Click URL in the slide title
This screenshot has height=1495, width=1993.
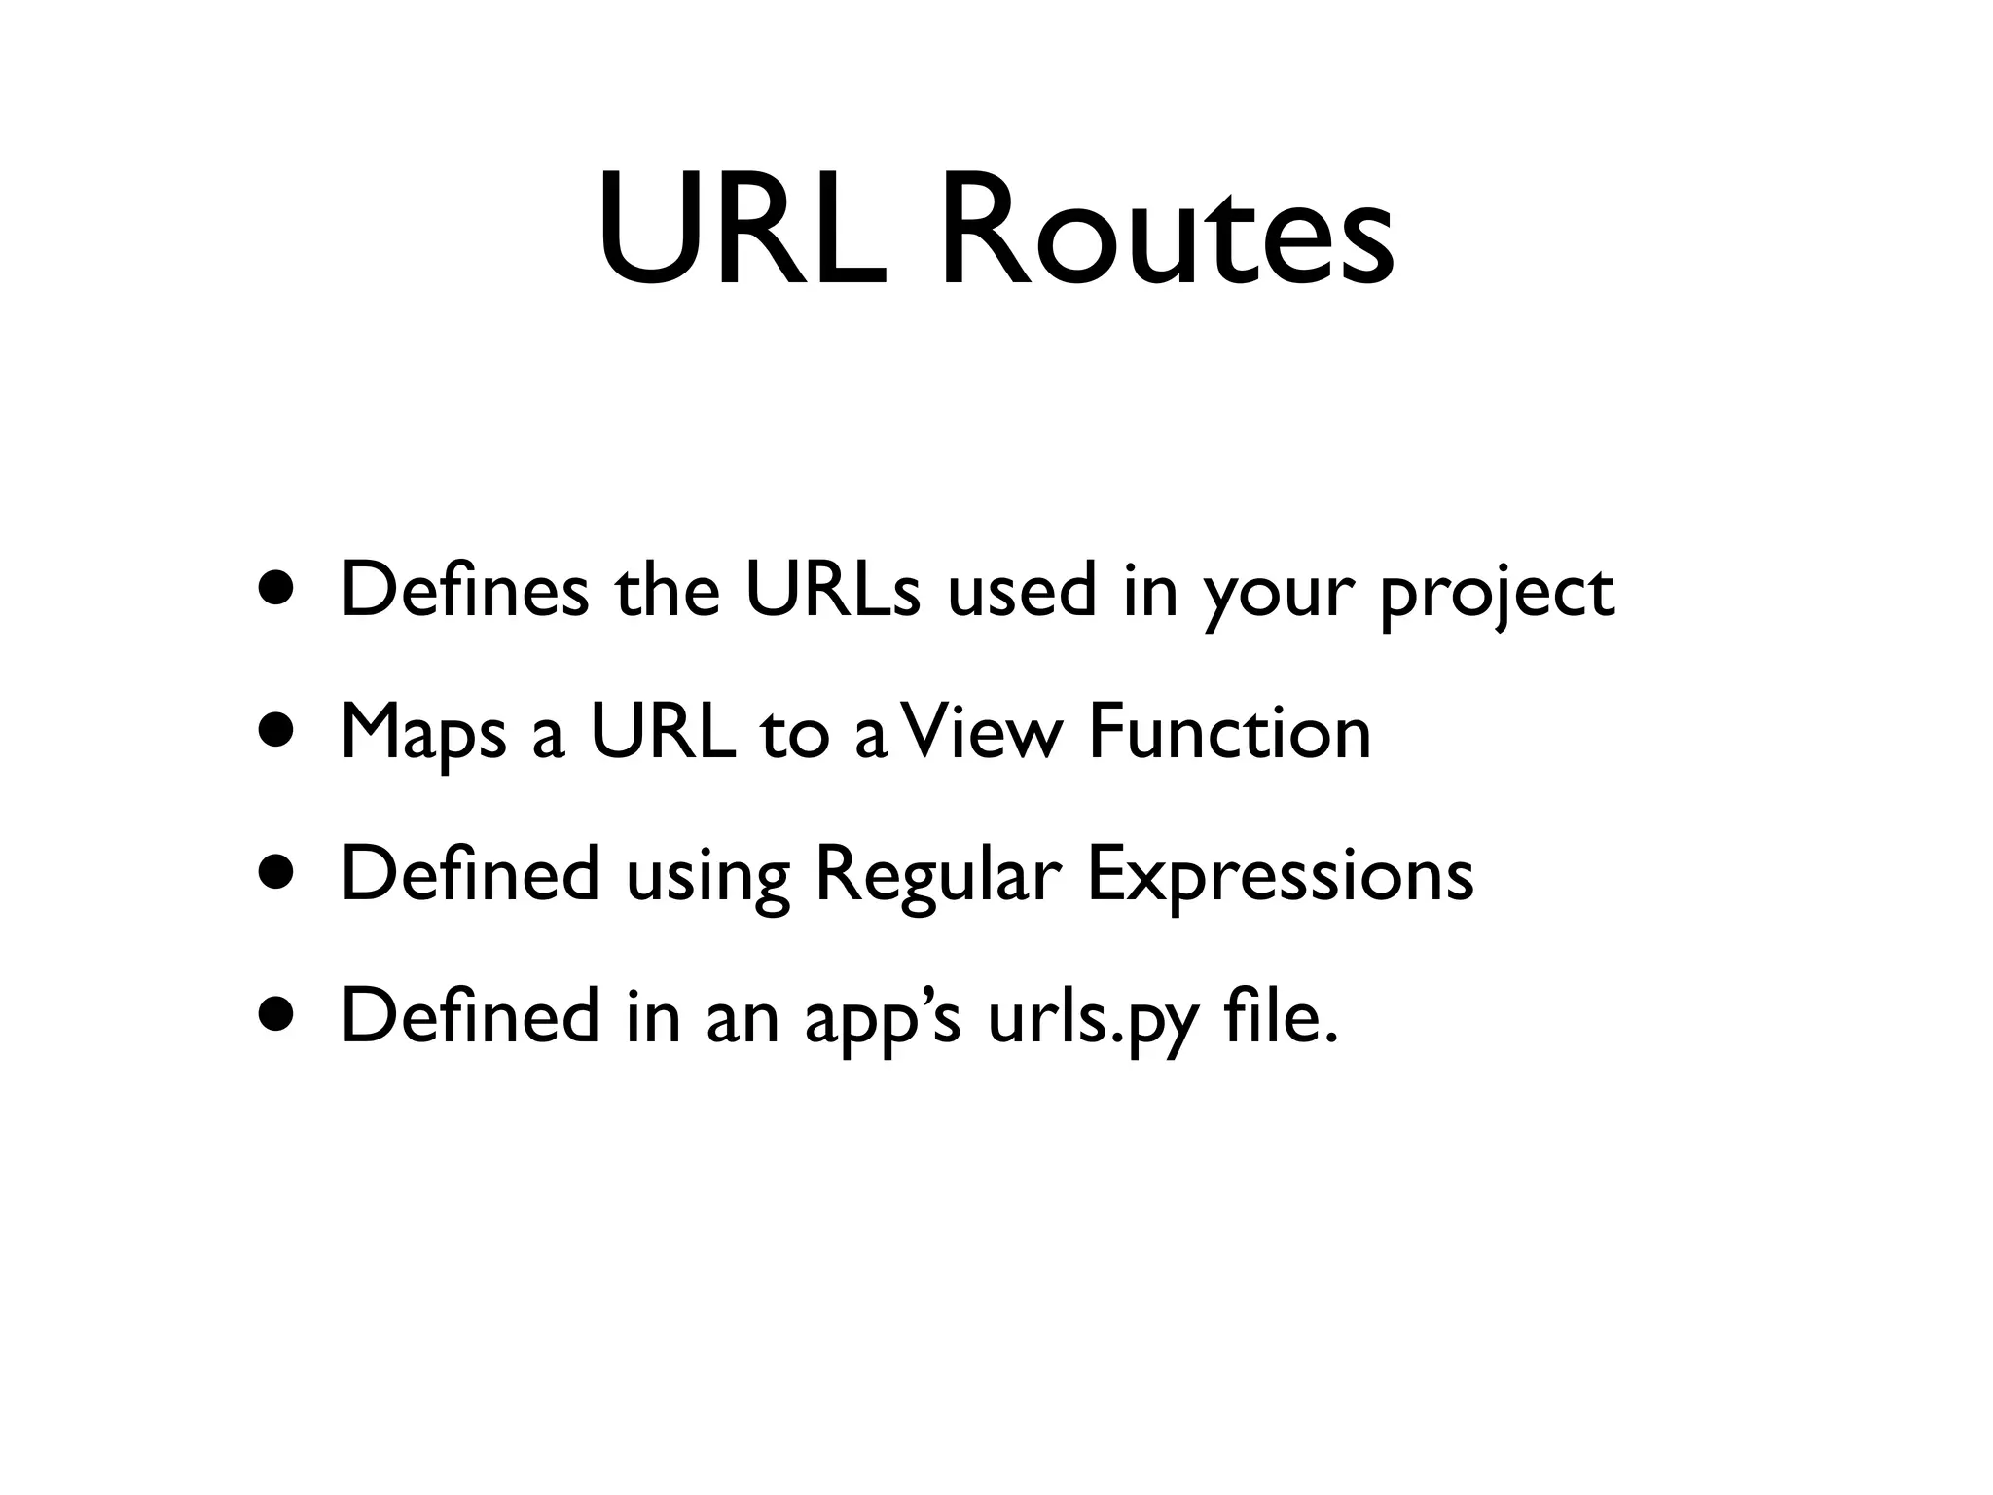(x=743, y=234)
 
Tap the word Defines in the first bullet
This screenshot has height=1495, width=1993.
(x=464, y=591)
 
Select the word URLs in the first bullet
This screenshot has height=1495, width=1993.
(x=832, y=591)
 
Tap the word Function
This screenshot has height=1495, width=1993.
(x=1229, y=732)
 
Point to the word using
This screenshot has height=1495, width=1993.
(x=707, y=878)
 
